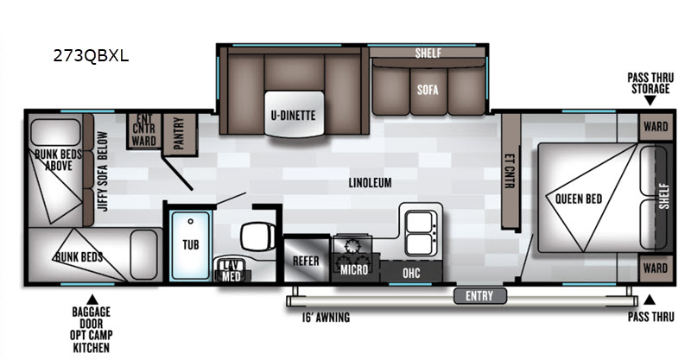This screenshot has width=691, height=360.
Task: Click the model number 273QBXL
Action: click(x=91, y=56)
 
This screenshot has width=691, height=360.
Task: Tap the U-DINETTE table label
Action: click(x=293, y=116)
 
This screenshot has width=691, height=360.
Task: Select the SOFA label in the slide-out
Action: click(x=428, y=90)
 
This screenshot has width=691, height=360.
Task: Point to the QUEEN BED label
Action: click(x=579, y=199)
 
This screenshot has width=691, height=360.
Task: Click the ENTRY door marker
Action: click(x=479, y=295)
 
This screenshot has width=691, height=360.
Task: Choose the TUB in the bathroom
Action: click(x=190, y=244)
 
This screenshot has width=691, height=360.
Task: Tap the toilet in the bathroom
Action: click(x=257, y=237)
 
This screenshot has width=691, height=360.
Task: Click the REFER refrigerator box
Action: click(x=307, y=260)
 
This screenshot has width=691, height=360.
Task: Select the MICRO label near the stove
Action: click(x=354, y=269)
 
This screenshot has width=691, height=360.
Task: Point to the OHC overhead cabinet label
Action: click(x=411, y=273)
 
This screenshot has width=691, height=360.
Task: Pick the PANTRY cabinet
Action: click(x=180, y=134)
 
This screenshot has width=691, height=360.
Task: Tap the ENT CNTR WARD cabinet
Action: click(x=143, y=130)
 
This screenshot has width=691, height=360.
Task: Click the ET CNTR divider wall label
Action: click(x=510, y=171)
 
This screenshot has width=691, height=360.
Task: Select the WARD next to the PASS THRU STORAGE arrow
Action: click(x=656, y=126)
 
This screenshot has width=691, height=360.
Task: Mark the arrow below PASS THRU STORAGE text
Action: click(x=650, y=100)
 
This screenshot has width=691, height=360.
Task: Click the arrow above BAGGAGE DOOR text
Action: click(x=92, y=300)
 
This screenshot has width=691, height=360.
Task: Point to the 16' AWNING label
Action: click(x=326, y=317)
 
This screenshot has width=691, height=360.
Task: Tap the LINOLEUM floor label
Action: click(x=371, y=182)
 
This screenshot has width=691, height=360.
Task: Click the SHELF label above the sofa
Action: click(x=428, y=53)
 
